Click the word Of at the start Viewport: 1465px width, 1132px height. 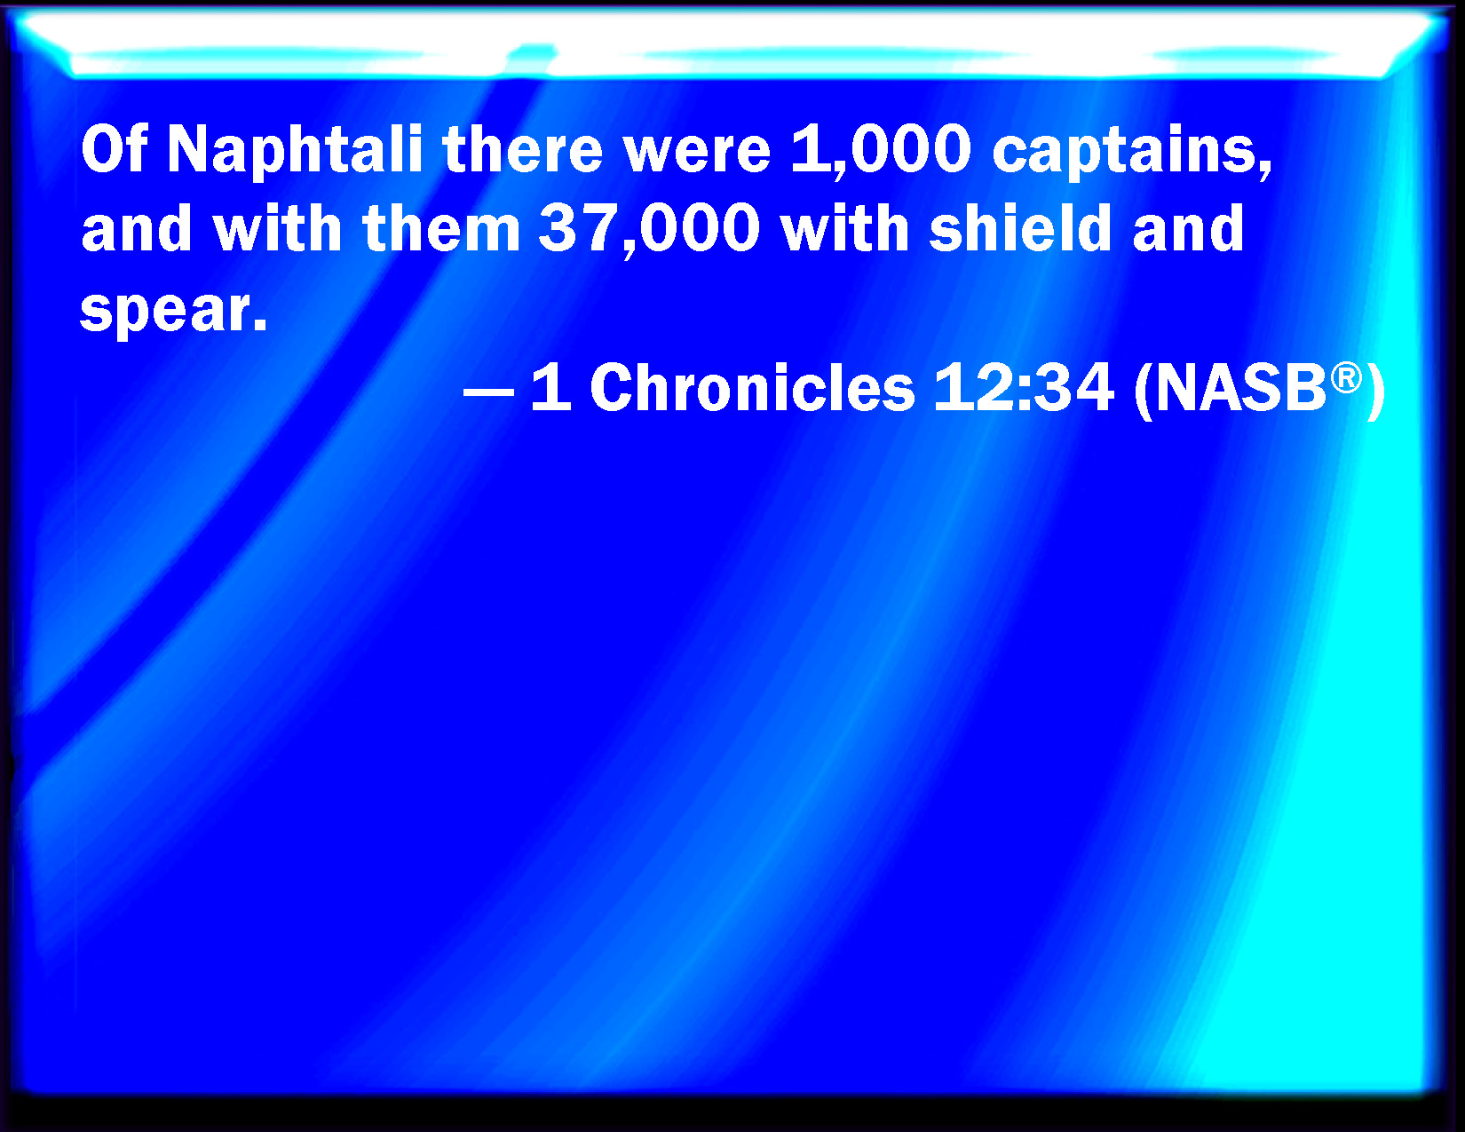[x=114, y=148]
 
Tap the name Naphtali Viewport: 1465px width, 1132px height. [x=295, y=153]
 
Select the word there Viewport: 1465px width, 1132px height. [x=522, y=148]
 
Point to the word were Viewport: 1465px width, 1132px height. [x=697, y=154]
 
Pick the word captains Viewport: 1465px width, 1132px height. [x=1132, y=153]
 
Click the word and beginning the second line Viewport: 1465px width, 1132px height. [x=137, y=228]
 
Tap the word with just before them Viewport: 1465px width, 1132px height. [x=277, y=228]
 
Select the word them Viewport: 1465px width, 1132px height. [x=441, y=228]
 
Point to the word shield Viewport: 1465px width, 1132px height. [x=1020, y=228]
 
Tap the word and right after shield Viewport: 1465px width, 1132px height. [x=1188, y=228]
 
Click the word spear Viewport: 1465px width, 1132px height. [x=174, y=312]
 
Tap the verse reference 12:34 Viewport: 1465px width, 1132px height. [x=1024, y=386]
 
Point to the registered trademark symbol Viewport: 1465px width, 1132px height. [x=1346, y=377]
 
